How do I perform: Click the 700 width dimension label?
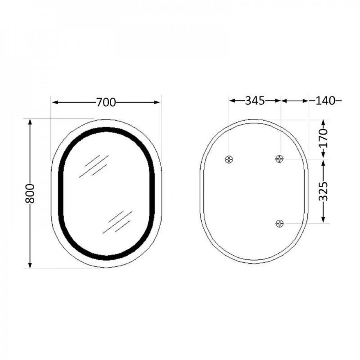(x=106, y=103)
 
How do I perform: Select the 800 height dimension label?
(x=31, y=193)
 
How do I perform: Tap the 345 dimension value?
(x=255, y=101)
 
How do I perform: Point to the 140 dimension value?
(x=325, y=101)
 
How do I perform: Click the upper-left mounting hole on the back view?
(x=229, y=159)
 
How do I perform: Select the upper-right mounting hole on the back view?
(x=280, y=158)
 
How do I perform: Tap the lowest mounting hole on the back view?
(x=280, y=224)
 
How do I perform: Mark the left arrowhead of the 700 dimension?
(x=54, y=103)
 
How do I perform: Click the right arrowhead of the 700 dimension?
(x=157, y=103)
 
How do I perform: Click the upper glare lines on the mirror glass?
(x=94, y=166)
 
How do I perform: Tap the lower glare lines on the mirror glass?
(x=117, y=221)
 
